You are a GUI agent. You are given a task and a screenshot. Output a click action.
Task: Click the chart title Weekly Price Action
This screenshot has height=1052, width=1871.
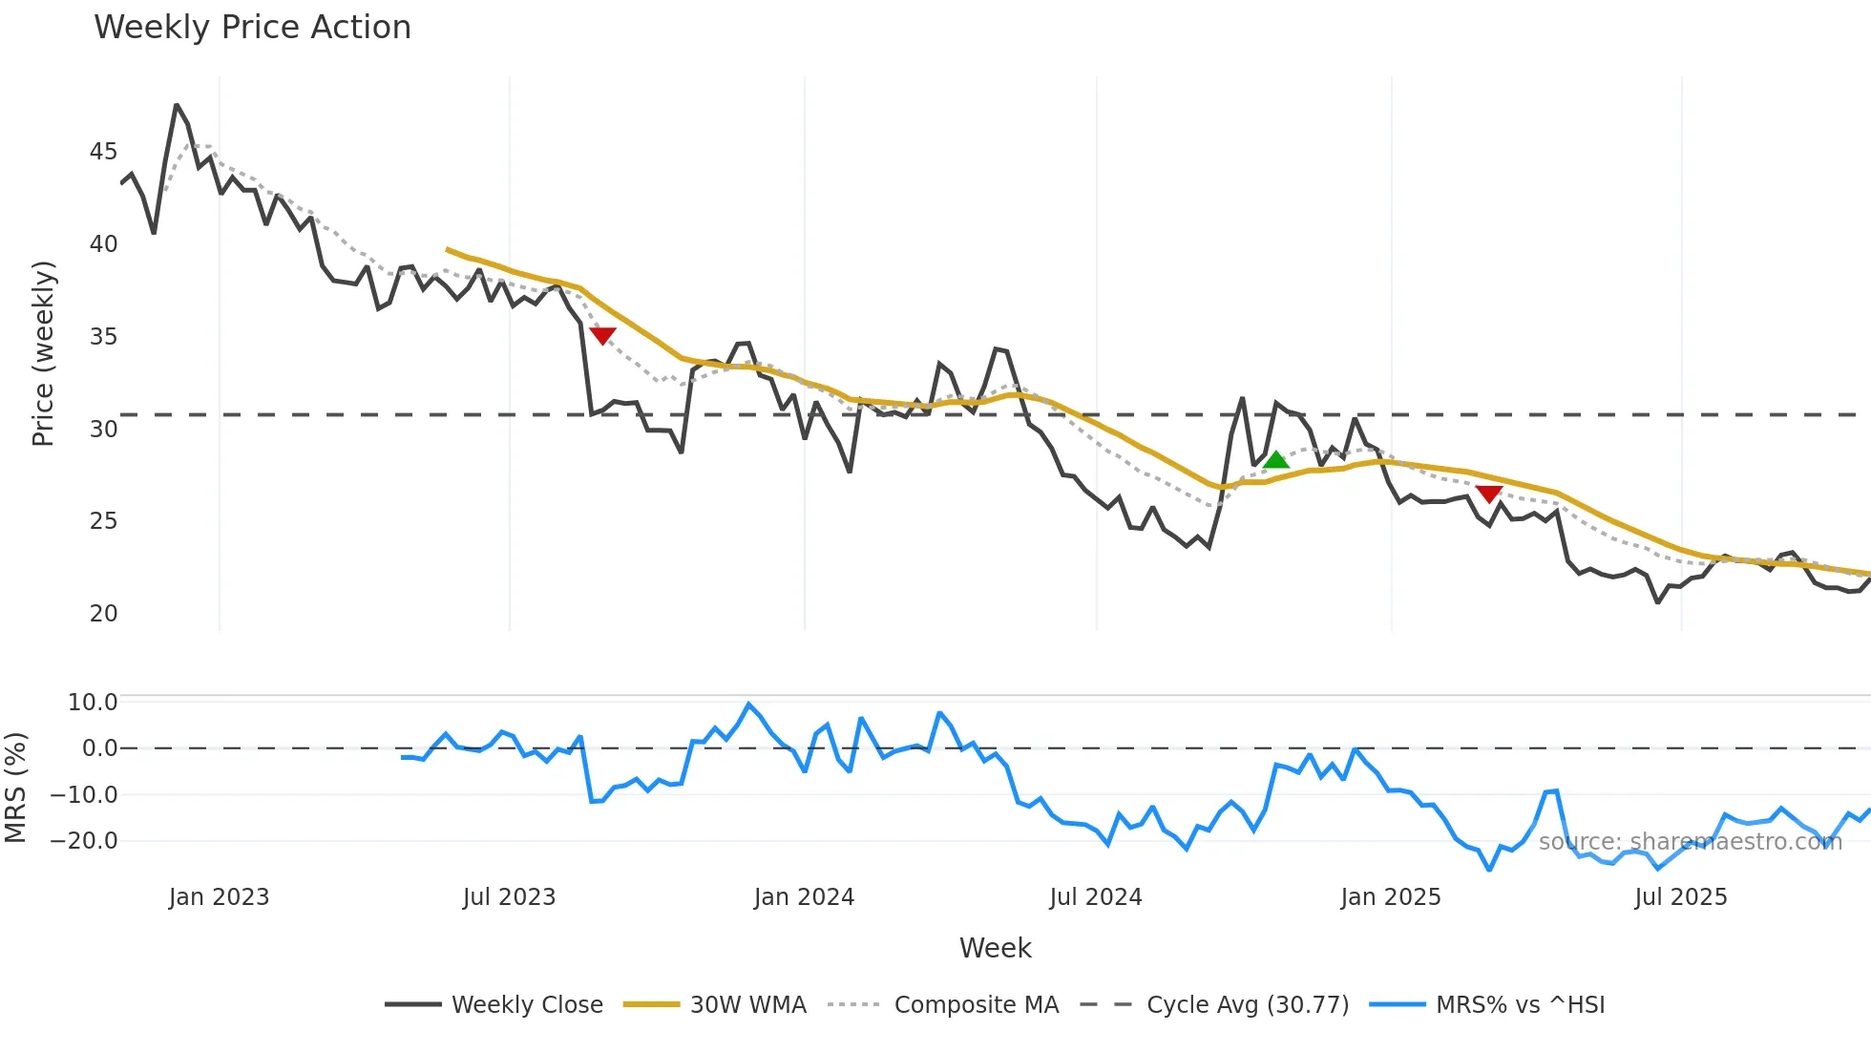coord(252,28)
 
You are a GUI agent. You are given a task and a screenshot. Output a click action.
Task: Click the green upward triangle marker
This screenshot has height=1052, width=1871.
coord(1275,460)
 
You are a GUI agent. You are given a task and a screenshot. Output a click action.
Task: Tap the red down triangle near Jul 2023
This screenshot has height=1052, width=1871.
coord(602,335)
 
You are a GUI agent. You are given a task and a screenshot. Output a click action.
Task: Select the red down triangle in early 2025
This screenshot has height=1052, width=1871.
coord(1489,494)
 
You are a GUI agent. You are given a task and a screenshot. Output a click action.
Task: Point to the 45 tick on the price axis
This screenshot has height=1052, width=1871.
coord(103,152)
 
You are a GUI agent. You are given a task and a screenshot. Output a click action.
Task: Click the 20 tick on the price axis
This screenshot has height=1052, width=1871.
coord(103,614)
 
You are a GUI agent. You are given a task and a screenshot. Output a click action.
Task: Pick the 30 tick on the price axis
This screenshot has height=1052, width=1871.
coord(103,430)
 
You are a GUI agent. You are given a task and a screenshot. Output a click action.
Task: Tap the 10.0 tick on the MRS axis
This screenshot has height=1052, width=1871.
coord(93,703)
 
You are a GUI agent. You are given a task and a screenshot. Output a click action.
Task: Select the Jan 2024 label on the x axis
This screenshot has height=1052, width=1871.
coord(804,897)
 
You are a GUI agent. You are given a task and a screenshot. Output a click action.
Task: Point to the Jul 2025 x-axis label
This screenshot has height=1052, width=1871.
coord(1680,897)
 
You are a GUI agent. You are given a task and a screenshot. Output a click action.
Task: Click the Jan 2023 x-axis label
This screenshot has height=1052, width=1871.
coord(219,897)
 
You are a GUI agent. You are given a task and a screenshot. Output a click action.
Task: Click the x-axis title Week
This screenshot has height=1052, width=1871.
coord(995,948)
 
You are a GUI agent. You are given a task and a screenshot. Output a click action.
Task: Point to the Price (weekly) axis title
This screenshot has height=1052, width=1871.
coord(44,353)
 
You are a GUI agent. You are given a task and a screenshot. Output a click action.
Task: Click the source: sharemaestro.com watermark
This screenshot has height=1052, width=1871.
coord(1690,842)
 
